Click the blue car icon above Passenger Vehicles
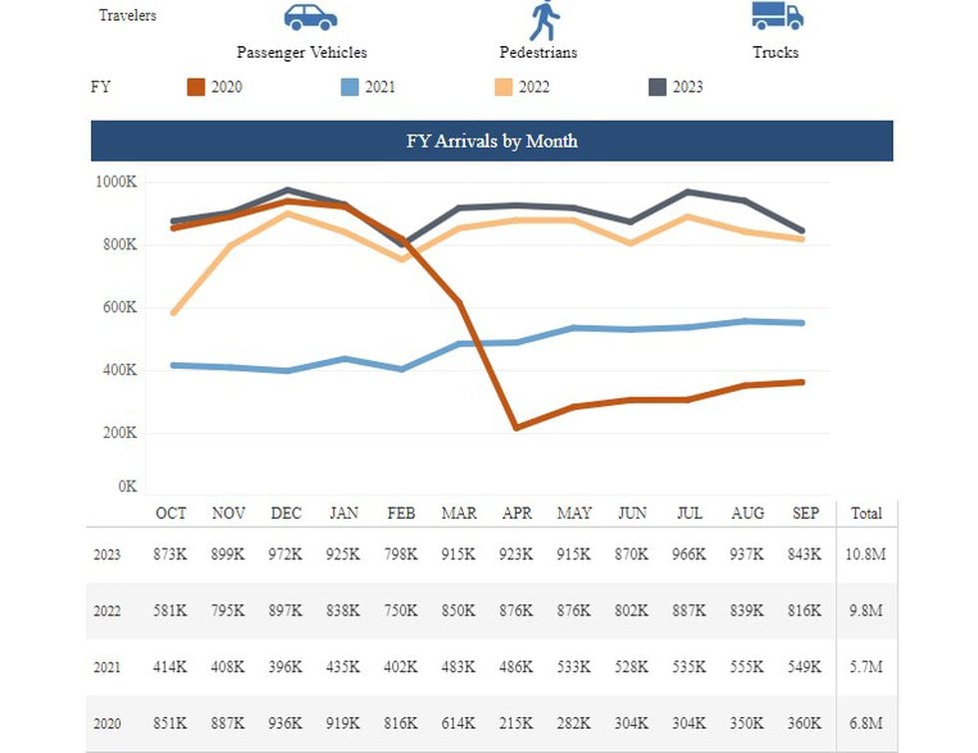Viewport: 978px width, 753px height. point(310,17)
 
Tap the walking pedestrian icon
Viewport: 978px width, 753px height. point(542,20)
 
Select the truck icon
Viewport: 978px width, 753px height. point(776,15)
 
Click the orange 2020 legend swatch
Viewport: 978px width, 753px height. point(197,88)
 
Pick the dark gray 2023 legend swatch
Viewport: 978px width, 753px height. point(657,88)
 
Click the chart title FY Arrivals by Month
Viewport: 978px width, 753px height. point(491,141)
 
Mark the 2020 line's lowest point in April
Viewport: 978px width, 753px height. point(516,427)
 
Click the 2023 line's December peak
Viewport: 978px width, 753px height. point(286,189)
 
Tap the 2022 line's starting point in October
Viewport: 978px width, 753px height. point(174,313)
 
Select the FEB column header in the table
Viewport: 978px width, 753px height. point(402,514)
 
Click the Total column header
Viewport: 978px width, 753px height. point(865,514)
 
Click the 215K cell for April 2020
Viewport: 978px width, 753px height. point(517,723)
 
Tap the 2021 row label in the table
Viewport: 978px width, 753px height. point(107,667)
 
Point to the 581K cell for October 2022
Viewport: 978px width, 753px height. point(170,610)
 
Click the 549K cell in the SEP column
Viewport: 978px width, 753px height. point(804,667)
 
